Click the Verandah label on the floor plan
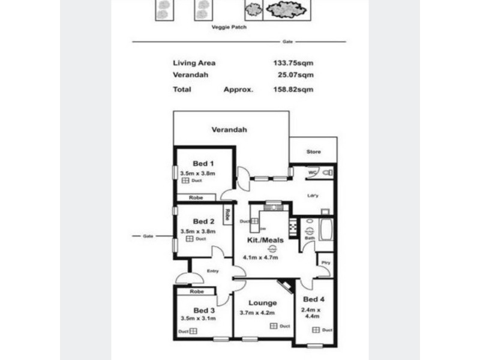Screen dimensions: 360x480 click(229, 130)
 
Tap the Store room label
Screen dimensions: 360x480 click(313, 152)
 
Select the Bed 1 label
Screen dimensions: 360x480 click(203, 163)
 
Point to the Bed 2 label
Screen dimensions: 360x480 click(203, 221)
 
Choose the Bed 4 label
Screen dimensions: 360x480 click(314, 299)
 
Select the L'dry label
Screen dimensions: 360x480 click(312, 195)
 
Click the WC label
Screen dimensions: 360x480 click(312, 172)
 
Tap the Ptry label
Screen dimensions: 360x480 click(325, 262)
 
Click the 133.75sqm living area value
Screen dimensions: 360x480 click(293, 62)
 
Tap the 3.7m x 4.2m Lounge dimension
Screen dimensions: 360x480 click(258, 312)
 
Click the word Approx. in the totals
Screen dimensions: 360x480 click(239, 89)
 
